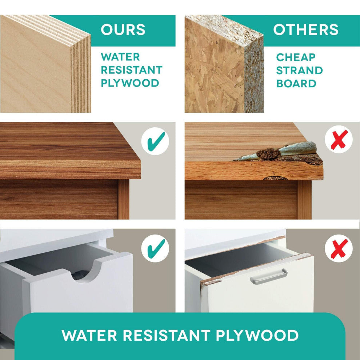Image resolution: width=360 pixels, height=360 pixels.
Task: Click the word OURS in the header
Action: [123, 29]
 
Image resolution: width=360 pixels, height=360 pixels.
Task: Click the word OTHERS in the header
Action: [305, 29]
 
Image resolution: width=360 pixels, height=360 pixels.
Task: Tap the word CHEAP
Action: [296, 57]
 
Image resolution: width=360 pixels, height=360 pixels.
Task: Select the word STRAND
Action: [299, 71]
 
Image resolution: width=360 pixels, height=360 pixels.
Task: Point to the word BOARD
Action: [296, 84]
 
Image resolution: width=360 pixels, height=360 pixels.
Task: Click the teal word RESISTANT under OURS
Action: [132, 70]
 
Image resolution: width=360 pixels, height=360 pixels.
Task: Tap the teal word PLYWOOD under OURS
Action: [130, 83]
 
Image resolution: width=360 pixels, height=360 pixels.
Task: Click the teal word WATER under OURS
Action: [120, 57]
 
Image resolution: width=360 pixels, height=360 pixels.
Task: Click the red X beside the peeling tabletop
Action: [339, 139]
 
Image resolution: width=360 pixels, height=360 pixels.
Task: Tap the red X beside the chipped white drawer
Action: [339, 248]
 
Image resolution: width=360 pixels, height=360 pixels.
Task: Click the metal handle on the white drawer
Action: [268, 276]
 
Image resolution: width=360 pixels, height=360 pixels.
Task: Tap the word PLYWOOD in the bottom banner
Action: [257, 335]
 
